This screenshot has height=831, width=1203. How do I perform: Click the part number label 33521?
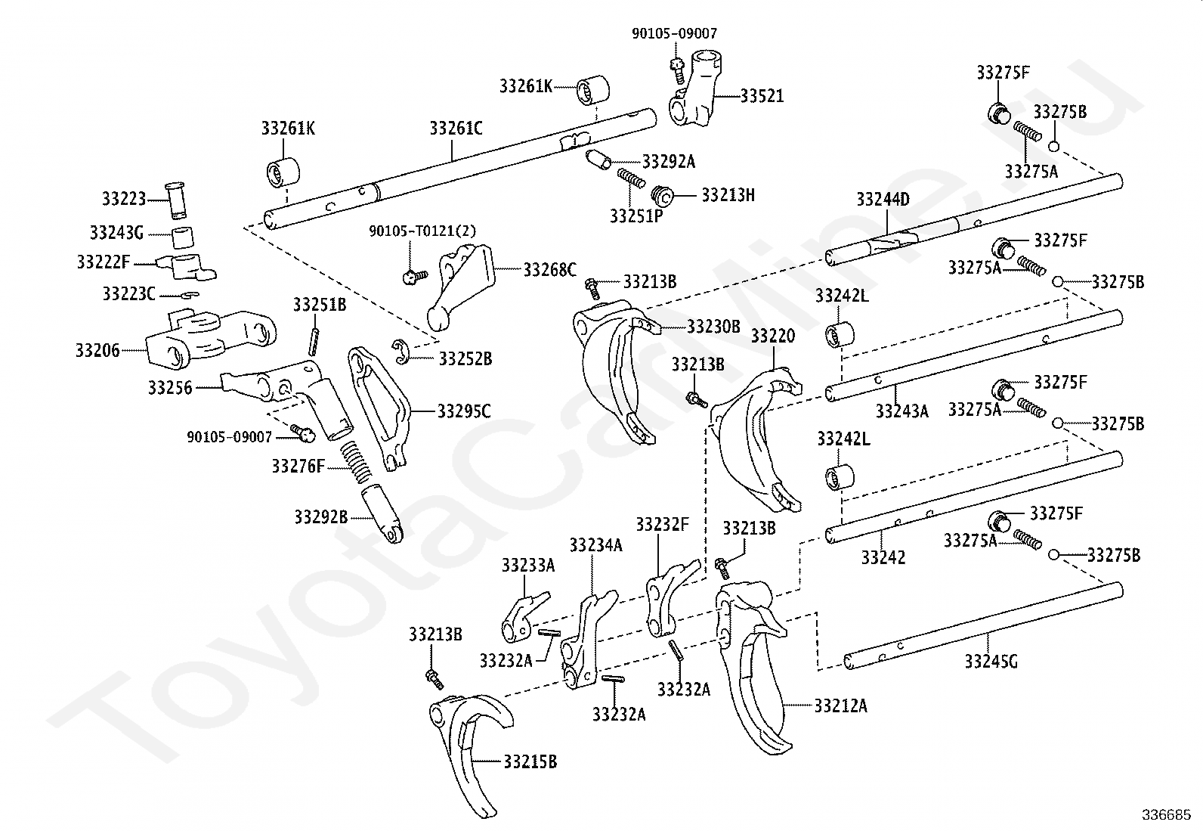(x=762, y=96)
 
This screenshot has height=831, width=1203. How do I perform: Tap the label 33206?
(x=97, y=350)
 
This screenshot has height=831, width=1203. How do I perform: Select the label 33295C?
(x=464, y=412)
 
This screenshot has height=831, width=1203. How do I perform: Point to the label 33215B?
(x=530, y=761)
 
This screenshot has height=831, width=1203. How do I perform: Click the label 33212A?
(x=840, y=705)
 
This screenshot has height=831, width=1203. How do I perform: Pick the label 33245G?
(x=991, y=661)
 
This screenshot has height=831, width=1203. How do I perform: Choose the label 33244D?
(x=883, y=200)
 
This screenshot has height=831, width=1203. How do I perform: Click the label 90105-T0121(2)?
(x=422, y=231)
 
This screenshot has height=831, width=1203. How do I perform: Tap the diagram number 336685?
(x=1167, y=815)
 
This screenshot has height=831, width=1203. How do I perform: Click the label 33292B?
(x=321, y=517)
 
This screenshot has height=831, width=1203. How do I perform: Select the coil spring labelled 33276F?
(x=357, y=461)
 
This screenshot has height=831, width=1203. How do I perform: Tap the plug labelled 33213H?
(x=662, y=196)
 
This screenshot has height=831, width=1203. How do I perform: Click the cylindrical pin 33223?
(x=176, y=200)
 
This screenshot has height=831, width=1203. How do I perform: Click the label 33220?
(x=773, y=336)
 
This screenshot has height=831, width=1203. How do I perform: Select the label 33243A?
(x=902, y=411)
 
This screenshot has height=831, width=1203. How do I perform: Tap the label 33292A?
(x=669, y=161)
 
